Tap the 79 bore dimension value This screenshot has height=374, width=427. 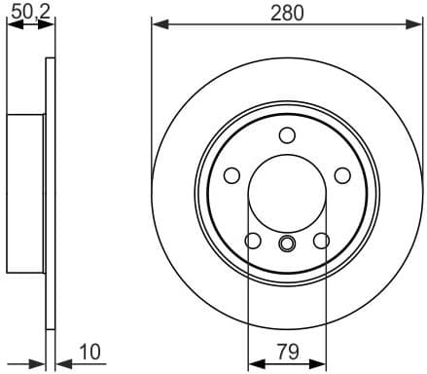tap(287, 350)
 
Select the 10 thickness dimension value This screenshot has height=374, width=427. tap(90, 350)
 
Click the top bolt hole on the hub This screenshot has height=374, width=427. tap(287, 135)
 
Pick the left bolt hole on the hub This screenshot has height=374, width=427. tap(231, 175)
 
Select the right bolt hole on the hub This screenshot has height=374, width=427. tap(342, 175)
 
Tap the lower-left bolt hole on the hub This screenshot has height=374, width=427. tap(253, 241)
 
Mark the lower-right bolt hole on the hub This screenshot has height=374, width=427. tap(321, 241)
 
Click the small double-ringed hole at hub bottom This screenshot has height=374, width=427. tap(287, 243)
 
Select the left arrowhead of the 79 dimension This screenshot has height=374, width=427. tap(255, 364)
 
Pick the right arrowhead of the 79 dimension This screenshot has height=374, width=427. tap(319, 364)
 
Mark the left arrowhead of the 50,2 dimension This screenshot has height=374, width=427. tap(12, 25)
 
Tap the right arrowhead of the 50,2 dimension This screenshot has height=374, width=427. tap(48, 25)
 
